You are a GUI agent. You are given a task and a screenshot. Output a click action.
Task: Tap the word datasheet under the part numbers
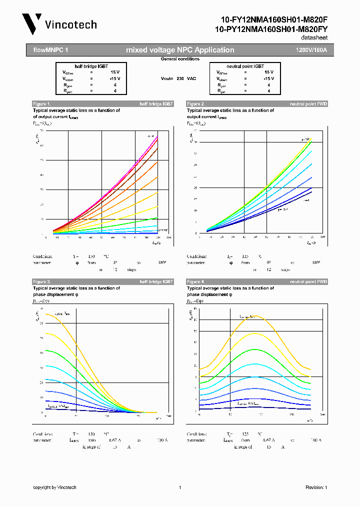pos(314,38)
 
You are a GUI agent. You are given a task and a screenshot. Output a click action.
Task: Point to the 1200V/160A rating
pos(311,50)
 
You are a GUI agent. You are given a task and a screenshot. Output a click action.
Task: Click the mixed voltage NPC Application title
pos(180,50)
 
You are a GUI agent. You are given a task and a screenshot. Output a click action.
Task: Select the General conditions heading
pos(180,59)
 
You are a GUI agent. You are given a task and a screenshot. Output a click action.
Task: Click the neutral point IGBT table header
pos(245,66)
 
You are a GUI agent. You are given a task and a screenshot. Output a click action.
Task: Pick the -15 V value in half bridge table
pos(114,78)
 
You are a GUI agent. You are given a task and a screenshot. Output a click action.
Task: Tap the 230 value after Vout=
pos(180,78)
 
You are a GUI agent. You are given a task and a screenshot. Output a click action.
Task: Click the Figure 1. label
pos(42,103)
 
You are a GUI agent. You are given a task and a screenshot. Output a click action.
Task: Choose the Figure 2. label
pos(196,103)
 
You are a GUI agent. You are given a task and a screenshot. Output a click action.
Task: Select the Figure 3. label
pos(42,282)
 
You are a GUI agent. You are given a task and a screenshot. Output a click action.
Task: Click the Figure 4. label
pos(196,282)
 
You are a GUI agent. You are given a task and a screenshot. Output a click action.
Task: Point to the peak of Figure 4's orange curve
pos(255,316)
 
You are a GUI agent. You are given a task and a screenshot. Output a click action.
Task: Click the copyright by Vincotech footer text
pos(54,487)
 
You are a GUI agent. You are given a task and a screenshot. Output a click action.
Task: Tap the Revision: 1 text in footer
pos(315,487)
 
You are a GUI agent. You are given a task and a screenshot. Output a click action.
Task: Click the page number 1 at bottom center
pos(179,487)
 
